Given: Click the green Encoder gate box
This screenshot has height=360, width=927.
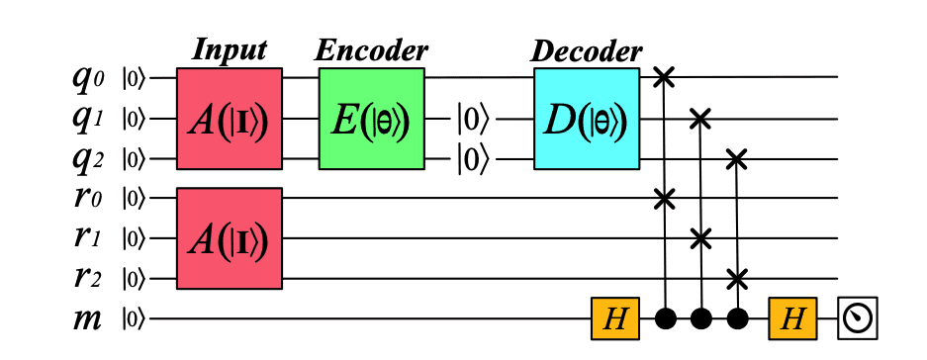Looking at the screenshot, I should pos(371,118).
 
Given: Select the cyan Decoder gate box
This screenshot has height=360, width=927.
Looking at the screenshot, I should pos(587,118).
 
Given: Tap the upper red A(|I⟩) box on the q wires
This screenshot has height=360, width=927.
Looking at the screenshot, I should pos(230,120).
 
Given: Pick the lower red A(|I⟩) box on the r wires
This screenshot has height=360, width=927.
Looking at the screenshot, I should pos(230,238).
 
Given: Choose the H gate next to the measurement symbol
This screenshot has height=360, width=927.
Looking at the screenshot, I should pos(792,318).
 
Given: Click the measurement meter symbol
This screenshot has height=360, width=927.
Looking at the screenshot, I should pos(856,318).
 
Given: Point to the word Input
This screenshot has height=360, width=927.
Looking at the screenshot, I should pos(230,49).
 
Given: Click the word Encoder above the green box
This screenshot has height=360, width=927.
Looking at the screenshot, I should pos(371,49).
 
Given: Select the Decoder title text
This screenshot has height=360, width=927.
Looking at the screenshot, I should pos(587,49).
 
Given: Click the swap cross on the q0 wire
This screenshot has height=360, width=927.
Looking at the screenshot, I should pos(665,77).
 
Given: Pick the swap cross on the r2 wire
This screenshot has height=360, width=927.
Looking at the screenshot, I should pos(735,278).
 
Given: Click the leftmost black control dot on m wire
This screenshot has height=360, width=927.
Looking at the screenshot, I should pos(665,318).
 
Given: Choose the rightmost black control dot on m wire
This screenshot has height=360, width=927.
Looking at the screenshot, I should pos(735,318).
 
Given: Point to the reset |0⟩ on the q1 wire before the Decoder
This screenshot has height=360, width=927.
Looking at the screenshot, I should pos(472,120).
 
